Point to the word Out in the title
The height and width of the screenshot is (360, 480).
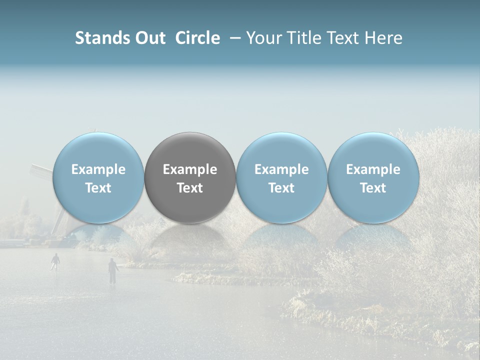150,38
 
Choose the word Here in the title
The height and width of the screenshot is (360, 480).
384,38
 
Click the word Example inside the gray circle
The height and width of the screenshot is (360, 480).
190,169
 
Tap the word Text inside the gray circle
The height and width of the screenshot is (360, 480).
190,188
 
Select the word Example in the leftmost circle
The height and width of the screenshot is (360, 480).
98,169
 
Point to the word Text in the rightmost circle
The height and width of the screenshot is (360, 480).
373,188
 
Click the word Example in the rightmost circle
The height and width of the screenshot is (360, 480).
373,169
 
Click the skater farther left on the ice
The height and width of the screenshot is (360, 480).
55,261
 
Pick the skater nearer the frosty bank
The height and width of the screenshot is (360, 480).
113,270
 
